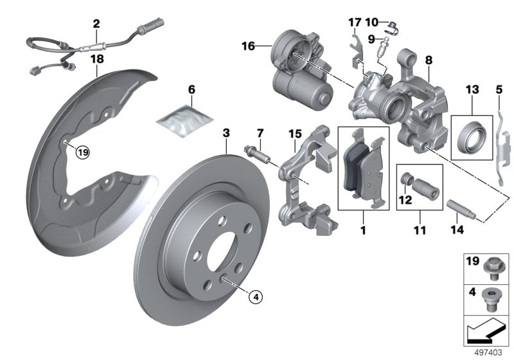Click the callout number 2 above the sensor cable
click(96, 24)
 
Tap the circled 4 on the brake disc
click(254, 296)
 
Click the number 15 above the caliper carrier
click(295, 134)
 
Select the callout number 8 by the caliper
click(429, 60)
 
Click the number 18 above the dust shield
click(96, 59)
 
